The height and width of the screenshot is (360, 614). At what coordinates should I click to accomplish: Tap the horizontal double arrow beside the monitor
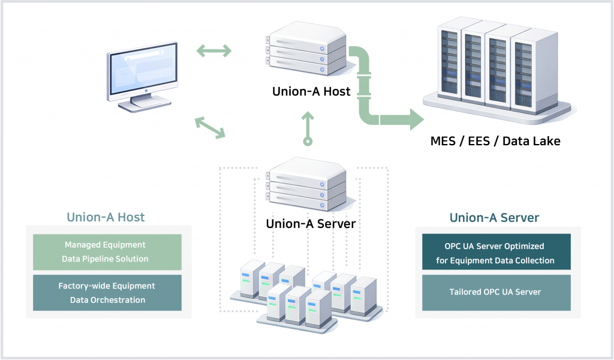point(214,51)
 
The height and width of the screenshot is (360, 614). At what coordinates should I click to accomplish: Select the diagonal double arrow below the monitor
point(210,128)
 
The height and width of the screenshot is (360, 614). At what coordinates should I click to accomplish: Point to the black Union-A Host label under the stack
point(311,92)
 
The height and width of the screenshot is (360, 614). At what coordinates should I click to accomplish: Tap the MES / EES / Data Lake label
point(495,142)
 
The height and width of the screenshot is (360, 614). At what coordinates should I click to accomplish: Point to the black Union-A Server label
point(311,224)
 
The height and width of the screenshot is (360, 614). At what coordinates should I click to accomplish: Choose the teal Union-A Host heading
point(106,217)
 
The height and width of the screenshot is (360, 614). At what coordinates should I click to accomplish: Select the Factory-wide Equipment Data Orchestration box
point(106,293)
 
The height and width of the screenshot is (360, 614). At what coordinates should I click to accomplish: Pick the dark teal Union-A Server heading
point(494,217)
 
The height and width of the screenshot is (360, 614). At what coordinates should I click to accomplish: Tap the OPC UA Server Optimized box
point(495,253)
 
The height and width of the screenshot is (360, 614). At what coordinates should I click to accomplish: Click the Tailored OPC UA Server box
point(495,292)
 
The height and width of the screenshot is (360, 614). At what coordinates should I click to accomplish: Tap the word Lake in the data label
point(545,142)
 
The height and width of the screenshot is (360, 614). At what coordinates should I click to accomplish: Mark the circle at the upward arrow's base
point(308,142)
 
